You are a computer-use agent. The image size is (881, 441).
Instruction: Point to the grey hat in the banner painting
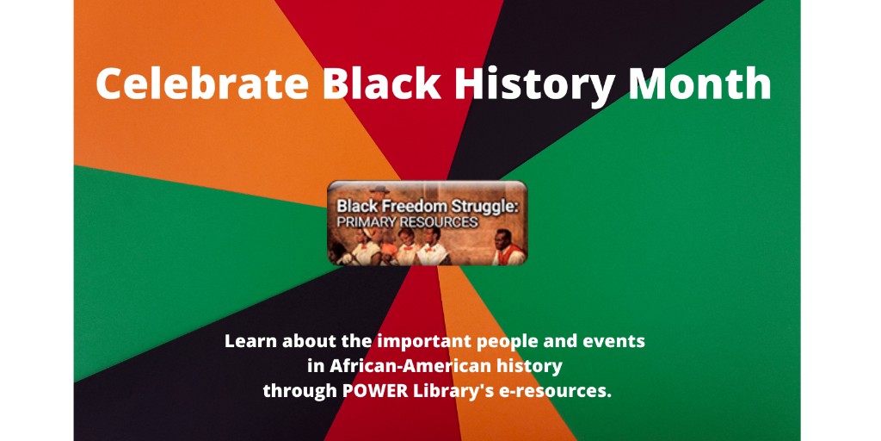pyautogui.click(x=376, y=189)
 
